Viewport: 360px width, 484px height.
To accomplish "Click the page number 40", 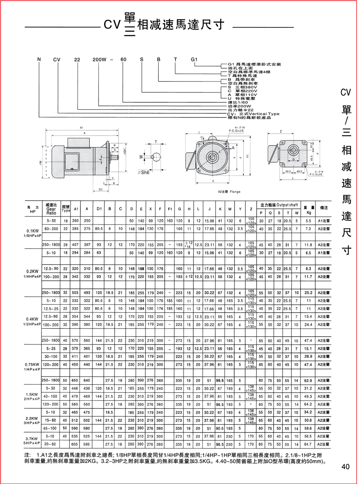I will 345,467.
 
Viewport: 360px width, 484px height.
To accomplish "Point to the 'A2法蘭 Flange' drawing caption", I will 229,191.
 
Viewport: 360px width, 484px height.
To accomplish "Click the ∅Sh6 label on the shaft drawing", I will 154,172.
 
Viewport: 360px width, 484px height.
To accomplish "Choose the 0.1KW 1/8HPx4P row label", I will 33,232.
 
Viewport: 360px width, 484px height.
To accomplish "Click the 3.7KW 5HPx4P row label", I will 33,440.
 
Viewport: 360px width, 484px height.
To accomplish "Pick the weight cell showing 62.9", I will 308,380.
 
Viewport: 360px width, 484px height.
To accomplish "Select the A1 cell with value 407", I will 75,244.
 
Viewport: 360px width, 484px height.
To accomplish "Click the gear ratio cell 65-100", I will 51,428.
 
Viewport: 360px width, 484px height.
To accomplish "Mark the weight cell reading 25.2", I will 308,293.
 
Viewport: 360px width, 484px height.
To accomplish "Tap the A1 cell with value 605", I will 75,443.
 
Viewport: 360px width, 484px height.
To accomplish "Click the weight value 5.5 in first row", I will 308,220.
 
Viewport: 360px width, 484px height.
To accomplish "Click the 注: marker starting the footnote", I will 28,454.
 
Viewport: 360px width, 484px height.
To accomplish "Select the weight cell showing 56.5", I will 308,436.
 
